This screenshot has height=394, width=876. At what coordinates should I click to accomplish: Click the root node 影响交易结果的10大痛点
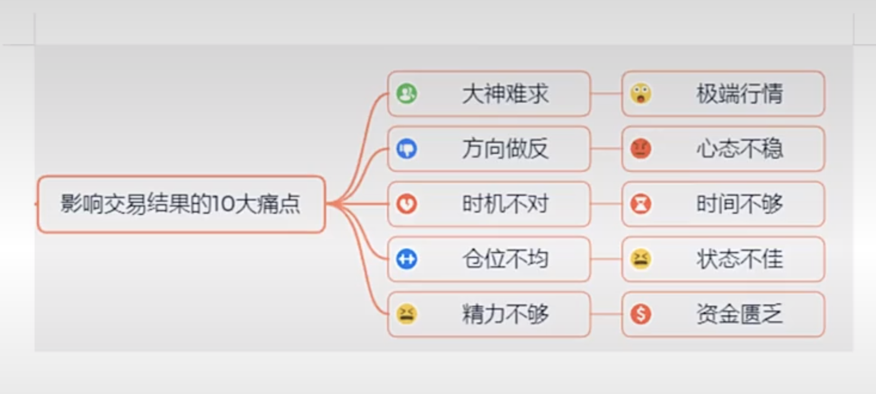point(180,204)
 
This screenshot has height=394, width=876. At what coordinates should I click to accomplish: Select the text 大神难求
point(505,94)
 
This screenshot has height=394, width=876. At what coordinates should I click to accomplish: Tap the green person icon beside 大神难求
point(407,94)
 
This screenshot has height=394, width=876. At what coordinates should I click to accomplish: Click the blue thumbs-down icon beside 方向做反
point(407,149)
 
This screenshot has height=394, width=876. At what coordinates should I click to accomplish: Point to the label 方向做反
point(505,149)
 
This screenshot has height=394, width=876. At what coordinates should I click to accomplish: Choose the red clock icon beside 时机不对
point(407,204)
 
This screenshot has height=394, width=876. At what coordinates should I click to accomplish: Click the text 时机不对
point(505,204)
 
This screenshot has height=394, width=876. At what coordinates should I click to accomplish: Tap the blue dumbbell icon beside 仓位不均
point(407,259)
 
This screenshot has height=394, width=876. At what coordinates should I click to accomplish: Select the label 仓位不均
point(505,259)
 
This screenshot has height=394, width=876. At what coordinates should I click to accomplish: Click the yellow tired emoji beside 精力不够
point(407,314)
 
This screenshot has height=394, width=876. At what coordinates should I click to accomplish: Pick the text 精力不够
point(505,314)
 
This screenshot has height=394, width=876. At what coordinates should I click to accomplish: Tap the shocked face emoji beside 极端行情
point(641,94)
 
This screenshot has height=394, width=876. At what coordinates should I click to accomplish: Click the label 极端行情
point(739,94)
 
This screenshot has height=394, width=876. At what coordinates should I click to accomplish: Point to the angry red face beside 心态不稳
point(641,149)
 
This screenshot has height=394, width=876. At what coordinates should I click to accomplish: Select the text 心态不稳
point(739,149)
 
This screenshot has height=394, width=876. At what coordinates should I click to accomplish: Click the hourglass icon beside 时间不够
point(641,204)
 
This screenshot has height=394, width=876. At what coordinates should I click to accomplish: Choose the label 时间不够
point(739,204)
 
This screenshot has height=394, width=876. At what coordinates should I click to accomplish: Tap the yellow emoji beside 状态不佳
point(641,259)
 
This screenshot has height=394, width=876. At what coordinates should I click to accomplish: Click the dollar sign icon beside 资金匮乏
point(641,314)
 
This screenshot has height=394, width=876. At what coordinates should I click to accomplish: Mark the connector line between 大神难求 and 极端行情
point(606,94)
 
